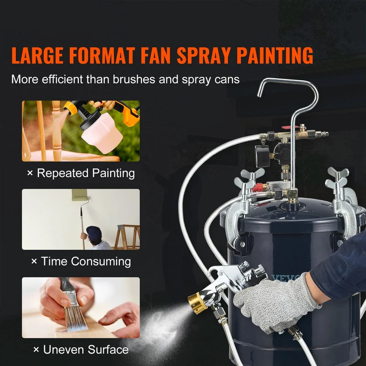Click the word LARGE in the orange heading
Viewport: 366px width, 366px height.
(38, 55)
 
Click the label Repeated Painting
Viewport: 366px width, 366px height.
(86, 173)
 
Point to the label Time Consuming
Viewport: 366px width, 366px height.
(86, 261)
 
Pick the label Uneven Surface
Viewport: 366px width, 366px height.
(86, 350)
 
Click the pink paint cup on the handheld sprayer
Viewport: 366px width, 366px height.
(102, 133)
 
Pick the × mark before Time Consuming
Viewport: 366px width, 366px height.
(34, 261)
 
